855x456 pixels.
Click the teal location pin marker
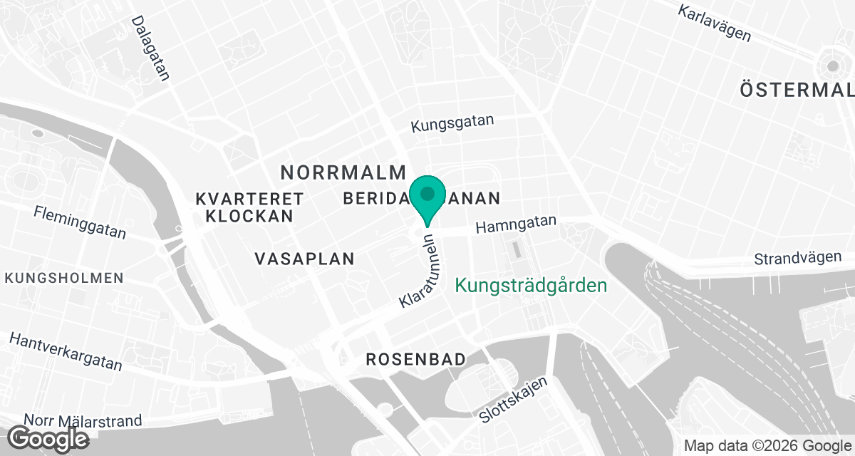pos(427,197)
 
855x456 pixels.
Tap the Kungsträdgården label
pos(531,286)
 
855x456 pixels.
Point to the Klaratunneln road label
pos(420,271)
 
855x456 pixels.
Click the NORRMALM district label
pos(343,172)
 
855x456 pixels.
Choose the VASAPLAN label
pos(305,259)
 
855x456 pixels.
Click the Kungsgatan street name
pos(452,124)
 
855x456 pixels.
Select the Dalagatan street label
pos(150,48)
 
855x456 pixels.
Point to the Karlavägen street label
pos(715,23)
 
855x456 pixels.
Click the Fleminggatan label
pos(80,222)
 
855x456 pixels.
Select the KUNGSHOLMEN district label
pos(64,278)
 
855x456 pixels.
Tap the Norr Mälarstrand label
pos(83,421)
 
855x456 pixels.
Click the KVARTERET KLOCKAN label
pos(249,207)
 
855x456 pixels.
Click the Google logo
pos(48,438)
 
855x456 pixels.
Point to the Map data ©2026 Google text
pos(766,445)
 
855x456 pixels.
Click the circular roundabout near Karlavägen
pos(832,66)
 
